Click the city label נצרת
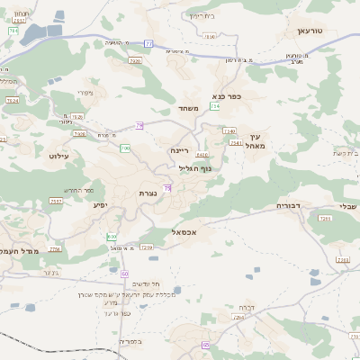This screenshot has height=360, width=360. pyautogui.click(x=148, y=193)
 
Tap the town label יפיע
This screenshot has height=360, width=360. pyautogui.click(x=101, y=205)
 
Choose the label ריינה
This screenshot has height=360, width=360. pyautogui.click(x=180, y=152)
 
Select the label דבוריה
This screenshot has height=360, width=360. pyautogui.click(x=292, y=206)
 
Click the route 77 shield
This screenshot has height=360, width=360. pyautogui.click(x=148, y=42)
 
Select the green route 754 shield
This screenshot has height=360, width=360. pyautogui.click(x=215, y=106)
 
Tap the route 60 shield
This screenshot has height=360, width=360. pyautogui.click(x=125, y=273)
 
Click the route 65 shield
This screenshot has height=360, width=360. pyautogui.click(x=206, y=345)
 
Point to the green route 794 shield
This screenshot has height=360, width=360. pyautogui.click(x=13, y=30)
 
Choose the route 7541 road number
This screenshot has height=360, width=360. pyautogui.click(x=235, y=142)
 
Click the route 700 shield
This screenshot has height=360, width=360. pyautogui.click(x=125, y=148)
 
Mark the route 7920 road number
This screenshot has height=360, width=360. pyautogui.click(x=136, y=60)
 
